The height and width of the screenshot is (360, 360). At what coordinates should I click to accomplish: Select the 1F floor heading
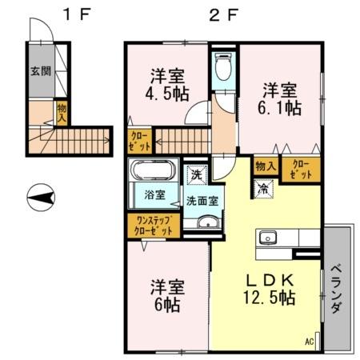point(78,14)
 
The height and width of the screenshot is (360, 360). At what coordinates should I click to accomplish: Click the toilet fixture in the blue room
point(222,69)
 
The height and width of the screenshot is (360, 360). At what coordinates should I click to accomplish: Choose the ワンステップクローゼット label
point(153,225)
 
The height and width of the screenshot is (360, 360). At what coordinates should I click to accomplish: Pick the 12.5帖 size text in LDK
point(270,298)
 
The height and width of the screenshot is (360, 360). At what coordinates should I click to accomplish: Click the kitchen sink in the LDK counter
point(267,238)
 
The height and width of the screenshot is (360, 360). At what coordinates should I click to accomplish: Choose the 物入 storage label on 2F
point(265,166)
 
